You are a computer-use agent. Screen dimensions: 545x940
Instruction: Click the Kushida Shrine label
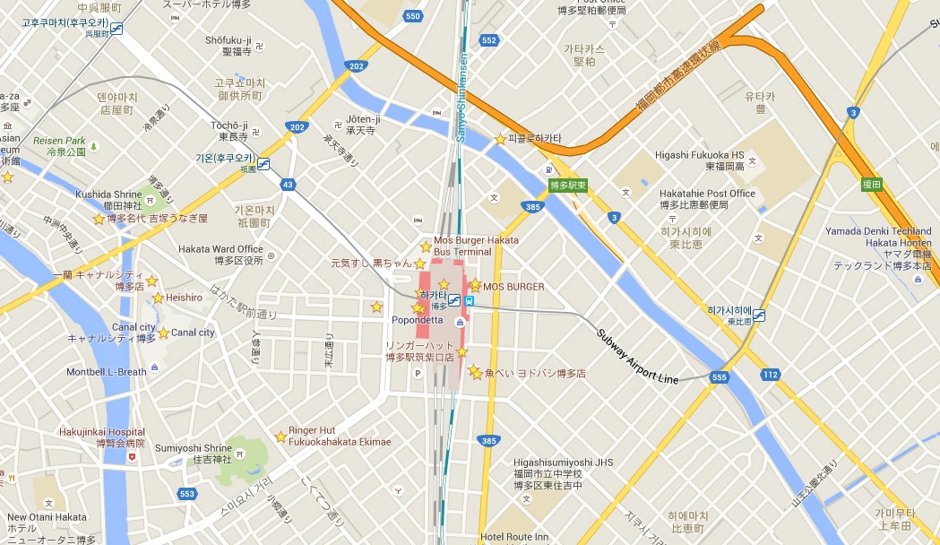pos(109,194)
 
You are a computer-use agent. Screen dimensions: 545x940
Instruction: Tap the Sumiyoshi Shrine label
pos(194,448)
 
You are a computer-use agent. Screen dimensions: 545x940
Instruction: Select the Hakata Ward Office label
pos(220,248)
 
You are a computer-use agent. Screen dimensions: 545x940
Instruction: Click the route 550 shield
pos(412,16)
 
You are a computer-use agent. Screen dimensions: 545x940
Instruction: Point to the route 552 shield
pos(488,40)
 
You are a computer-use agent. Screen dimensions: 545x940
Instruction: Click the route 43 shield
pos(287,185)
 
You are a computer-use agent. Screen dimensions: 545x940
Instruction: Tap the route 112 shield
pos(768,373)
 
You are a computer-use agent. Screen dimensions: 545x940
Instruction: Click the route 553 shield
pos(186,494)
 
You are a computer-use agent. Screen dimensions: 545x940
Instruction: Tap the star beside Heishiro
pos(158,298)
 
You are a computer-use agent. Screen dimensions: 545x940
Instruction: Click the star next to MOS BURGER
pos(475,285)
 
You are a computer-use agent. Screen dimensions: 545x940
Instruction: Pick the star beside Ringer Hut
pos(280,437)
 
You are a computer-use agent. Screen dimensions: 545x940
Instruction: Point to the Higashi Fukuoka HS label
pos(700,154)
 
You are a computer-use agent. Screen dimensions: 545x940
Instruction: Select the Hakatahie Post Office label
pos(707,194)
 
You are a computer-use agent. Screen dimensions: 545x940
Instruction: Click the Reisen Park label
pos(59,141)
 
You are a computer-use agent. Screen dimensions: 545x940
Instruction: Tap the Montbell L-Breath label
pos(106,372)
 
